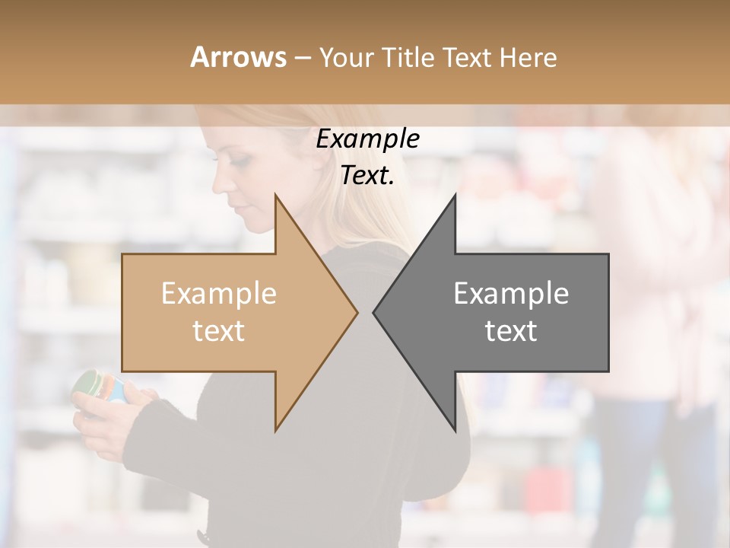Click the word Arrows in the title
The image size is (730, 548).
238,57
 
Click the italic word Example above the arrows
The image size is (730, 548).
367,139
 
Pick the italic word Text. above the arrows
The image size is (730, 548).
367,176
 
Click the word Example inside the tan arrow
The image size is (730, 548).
218,294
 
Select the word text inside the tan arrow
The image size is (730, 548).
218,331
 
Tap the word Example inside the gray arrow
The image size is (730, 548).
511,294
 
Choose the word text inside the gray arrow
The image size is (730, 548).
511,331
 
